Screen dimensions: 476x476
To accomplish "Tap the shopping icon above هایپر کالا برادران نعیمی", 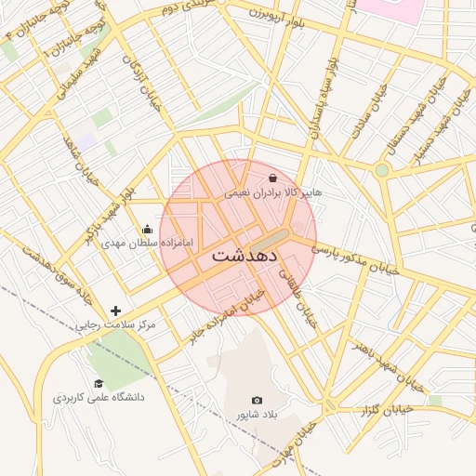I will click(x=271, y=178).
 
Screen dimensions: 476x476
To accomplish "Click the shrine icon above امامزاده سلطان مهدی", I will click(x=146, y=229).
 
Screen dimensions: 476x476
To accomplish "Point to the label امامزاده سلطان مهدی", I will click(x=147, y=244).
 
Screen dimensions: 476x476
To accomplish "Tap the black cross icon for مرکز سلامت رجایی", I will click(x=115, y=311).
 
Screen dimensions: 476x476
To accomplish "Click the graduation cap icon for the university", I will click(x=98, y=383).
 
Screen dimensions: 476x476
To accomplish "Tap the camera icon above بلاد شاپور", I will click(x=257, y=400).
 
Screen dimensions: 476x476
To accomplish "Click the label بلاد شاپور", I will click(x=257, y=415).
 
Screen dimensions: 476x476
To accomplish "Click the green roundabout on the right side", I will click(x=381, y=170).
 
